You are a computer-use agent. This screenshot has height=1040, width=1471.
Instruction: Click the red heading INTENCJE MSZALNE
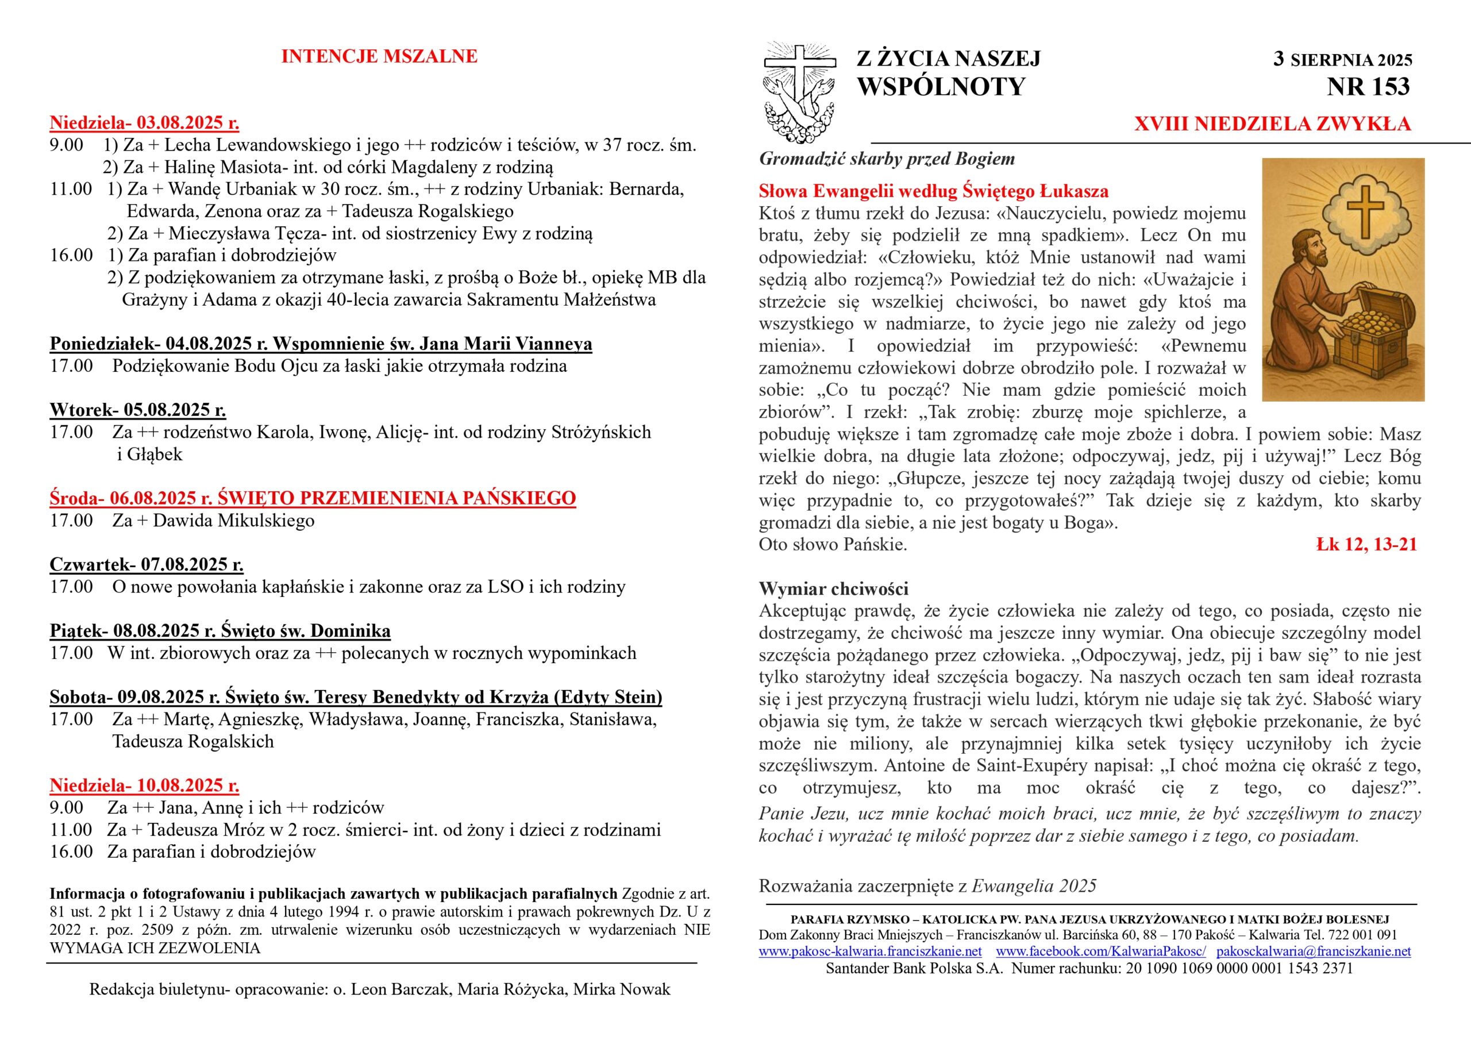pyautogui.click(x=379, y=56)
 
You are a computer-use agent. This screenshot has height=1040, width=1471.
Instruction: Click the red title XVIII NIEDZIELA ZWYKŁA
pyautogui.click(x=1272, y=124)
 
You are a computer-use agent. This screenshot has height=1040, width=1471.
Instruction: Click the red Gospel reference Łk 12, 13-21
pyautogui.click(x=1366, y=545)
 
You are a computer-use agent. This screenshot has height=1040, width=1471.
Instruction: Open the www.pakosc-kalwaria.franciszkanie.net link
pyautogui.click(x=870, y=951)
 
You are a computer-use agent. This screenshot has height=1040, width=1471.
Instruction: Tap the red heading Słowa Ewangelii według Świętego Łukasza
pyautogui.click(x=934, y=191)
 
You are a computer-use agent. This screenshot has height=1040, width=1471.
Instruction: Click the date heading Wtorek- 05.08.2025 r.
pyautogui.click(x=138, y=410)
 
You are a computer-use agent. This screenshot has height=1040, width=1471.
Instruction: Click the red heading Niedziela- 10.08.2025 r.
pyautogui.click(x=144, y=785)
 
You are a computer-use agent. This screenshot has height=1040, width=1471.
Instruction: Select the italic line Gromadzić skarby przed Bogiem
pyautogui.click(x=887, y=159)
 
